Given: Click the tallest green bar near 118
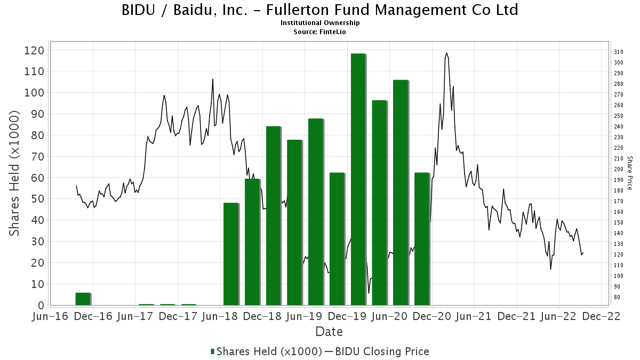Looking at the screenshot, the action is pyautogui.click(x=358, y=179).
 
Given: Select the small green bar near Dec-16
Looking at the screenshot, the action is pyautogui.click(x=83, y=299).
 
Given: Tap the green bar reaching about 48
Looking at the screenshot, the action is pyautogui.click(x=231, y=254).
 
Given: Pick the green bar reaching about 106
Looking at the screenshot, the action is pyautogui.click(x=401, y=193).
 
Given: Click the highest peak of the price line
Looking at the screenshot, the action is pyautogui.click(x=447, y=53).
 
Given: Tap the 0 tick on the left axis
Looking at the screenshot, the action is pyautogui.click(x=42, y=306).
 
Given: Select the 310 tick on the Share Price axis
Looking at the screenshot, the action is pyautogui.click(x=619, y=52).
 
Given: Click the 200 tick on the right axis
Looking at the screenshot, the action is pyautogui.click(x=619, y=169).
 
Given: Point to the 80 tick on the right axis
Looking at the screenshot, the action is pyautogui.click(x=617, y=297).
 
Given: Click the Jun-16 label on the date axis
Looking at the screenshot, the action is pyautogui.click(x=50, y=316).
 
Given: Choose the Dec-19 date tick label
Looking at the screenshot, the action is pyautogui.click(x=347, y=316).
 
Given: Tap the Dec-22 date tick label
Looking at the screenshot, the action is pyautogui.click(x=602, y=316).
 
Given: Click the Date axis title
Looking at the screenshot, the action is pyautogui.click(x=329, y=332).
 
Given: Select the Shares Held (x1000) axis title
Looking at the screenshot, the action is pyautogui.click(x=14, y=173).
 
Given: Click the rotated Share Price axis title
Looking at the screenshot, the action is pyautogui.click(x=629, y=173).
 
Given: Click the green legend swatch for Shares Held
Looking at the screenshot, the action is pyautogui.click(x=212, y=351).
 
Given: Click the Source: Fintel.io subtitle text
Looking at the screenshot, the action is pyautogui.click(x=319, y=32).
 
